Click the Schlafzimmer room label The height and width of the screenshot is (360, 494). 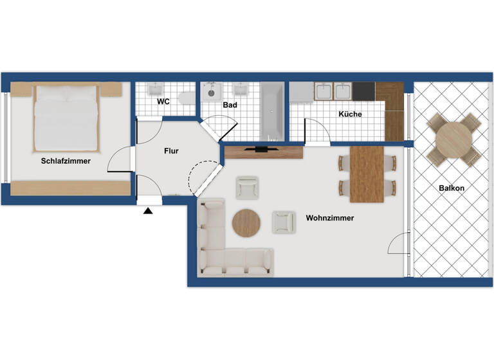[x=66, y=161]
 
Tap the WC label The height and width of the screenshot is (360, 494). [x=163, y=102]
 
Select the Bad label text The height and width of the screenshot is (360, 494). [x=230, y=104]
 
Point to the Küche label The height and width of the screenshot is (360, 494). [x=350, y=114]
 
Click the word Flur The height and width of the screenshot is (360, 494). [x=171, y=151]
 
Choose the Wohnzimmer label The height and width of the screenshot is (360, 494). [x=330, y=218]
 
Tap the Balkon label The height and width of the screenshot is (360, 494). [x=452, y=188]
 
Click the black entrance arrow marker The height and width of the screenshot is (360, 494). [x=149, y=210]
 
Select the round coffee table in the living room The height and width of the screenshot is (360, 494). [x=246, y=223]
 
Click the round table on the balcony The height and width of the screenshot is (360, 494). [x=453, y=138]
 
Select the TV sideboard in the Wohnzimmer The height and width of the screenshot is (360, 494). [x=263, y=152]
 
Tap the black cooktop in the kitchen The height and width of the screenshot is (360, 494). [x=363, y=91]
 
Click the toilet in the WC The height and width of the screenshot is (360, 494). [x=185, y=98]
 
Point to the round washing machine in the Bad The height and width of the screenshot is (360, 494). [x=211, y=93]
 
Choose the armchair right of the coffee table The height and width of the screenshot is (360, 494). [x=283, y=222]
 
